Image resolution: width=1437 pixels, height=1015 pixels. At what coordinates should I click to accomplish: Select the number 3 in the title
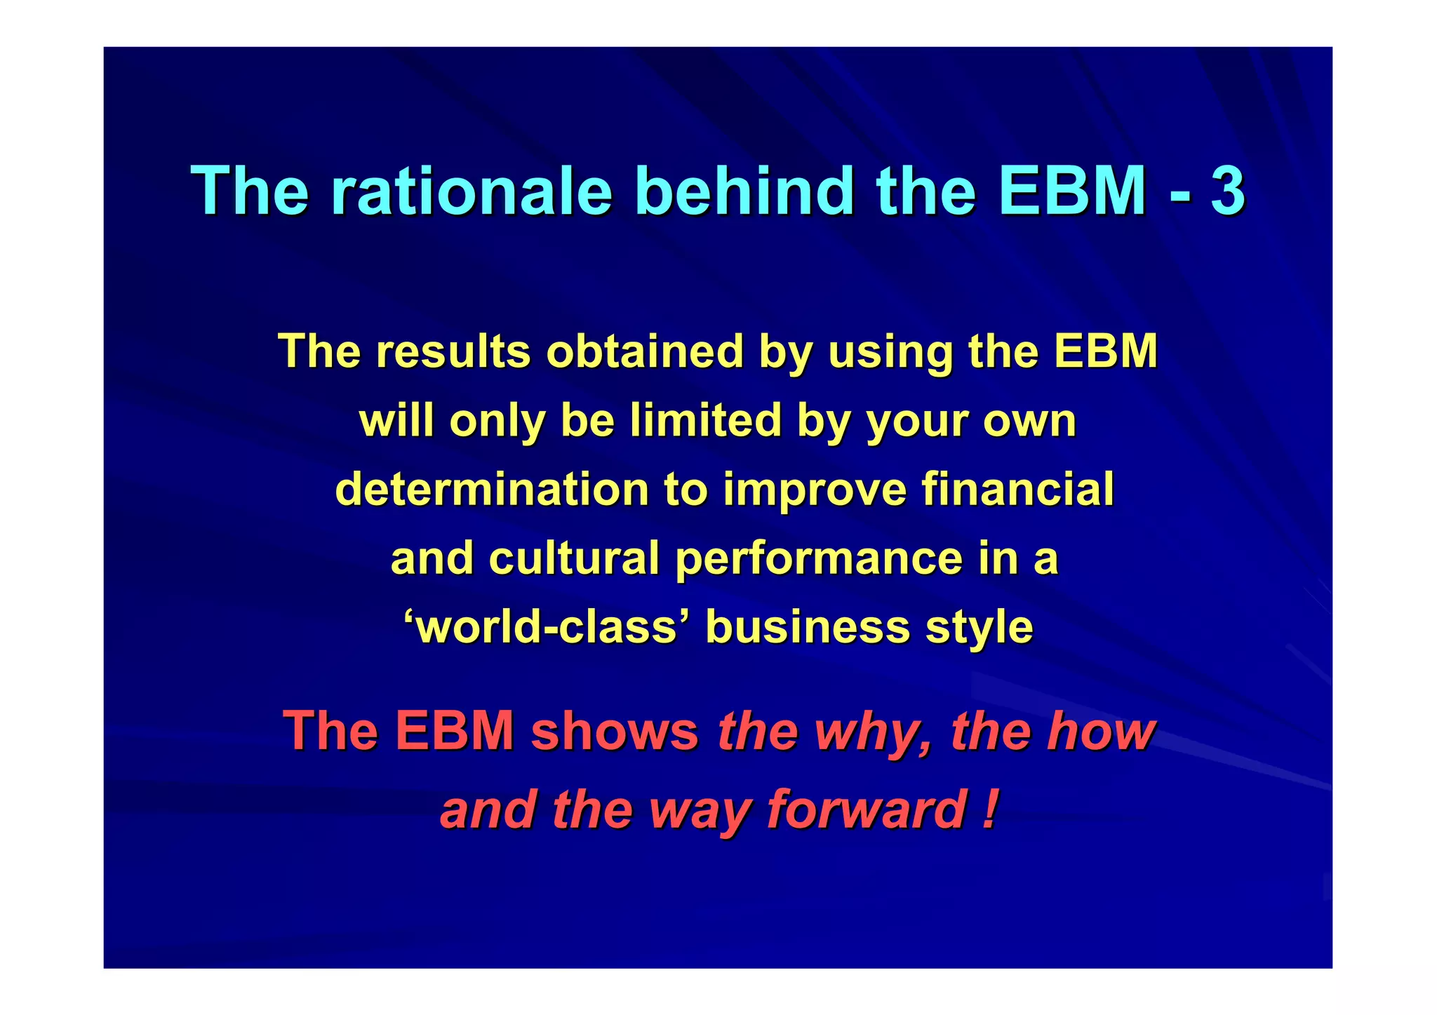(1227, 191)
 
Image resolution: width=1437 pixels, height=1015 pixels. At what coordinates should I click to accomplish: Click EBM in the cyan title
(1073, 191)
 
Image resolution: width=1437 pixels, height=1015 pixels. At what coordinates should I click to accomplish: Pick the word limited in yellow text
(705, 420)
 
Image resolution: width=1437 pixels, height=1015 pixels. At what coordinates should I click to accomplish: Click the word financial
(1017, 489)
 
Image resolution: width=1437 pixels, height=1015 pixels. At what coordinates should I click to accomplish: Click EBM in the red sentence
(454, 731)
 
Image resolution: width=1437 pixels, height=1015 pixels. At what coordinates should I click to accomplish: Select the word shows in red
(614, 731)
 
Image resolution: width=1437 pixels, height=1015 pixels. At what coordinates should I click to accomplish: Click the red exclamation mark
(989, 809)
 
